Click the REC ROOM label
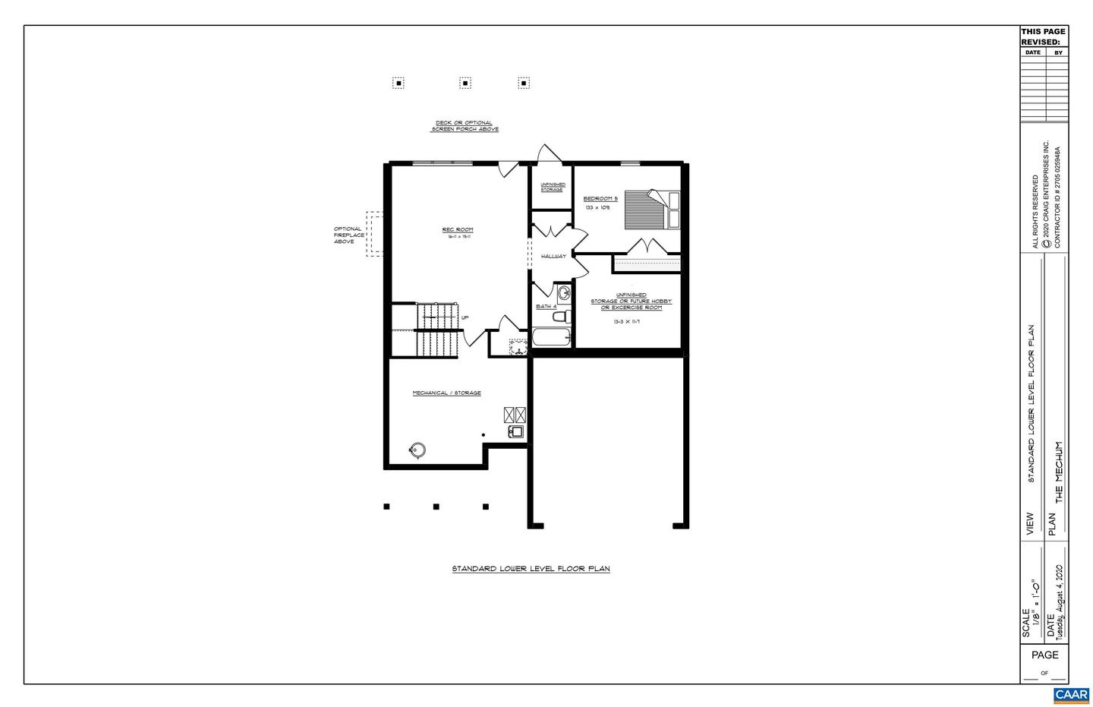tap(458, 229)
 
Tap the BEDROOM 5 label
tap(600, 199)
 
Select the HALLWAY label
tap(553, 257)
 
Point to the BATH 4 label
tap(546, 307)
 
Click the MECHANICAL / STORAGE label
tap(446, 393)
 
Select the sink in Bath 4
tap(564, 293)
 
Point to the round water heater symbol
tap(416, 450)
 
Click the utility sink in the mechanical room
tap(516, 432)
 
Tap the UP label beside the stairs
tap(465, 317)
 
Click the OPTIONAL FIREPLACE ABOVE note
tap(348, 235)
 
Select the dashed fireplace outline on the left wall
tap(373, 234)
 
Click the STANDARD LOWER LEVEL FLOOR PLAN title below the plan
tap(531, 569)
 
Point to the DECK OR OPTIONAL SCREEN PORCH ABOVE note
tap(465, 126)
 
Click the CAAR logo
tap(1071, 695)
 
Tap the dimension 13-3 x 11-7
tap(627, 322)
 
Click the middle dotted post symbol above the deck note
tap(465, 83)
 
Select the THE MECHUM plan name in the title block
tap(1059, 472)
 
